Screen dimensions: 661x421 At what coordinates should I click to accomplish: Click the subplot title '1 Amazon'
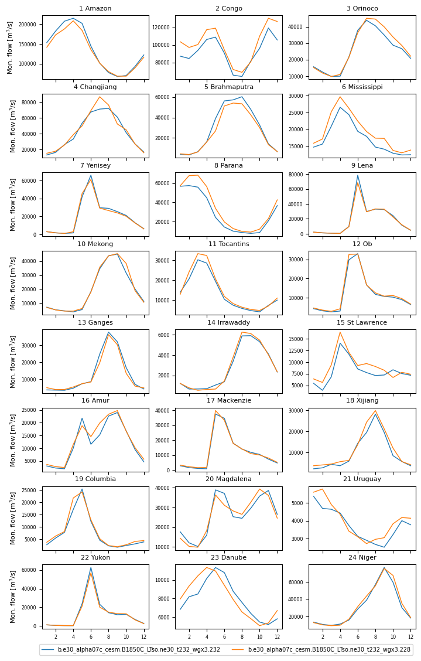click(95, 8)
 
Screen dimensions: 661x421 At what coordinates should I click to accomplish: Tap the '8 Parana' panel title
click(228, 165)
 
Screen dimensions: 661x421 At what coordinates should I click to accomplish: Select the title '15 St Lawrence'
click(361, 322)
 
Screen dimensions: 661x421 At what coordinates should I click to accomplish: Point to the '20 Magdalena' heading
click(228, 479)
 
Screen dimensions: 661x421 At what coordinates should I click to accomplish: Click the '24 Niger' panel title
click(361, 558)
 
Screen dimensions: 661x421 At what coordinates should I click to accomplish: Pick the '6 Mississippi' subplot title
click(361, 87)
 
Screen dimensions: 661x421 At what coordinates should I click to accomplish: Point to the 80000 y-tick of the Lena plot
click(296, 174)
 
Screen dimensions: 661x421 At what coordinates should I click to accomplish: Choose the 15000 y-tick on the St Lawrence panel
click(296, 339)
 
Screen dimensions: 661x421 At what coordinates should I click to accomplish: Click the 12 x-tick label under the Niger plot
click(410, 636)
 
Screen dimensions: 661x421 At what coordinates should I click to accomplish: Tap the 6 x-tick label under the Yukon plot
click(91, 636)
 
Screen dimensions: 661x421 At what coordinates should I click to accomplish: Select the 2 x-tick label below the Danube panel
click(189, 636)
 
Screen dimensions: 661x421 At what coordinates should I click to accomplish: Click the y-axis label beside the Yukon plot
click(11, 597)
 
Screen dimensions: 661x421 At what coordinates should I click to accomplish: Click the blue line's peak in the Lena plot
click(357, 175)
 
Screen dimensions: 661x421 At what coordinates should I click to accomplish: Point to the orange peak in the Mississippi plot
click(340, 97)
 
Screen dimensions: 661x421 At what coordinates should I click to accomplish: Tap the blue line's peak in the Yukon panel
click(91, 567)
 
